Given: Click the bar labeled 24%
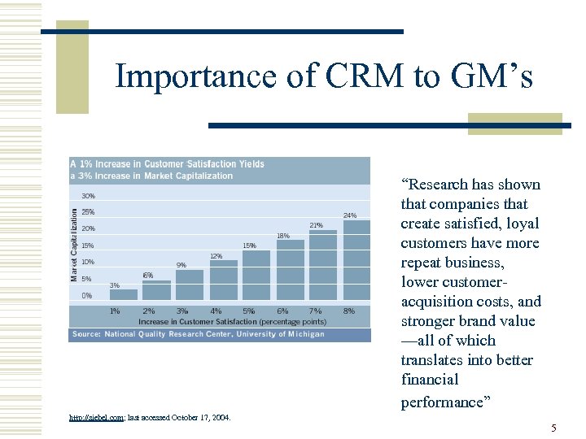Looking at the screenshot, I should pos(356,260).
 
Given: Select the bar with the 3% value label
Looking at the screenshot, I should pos(123,295).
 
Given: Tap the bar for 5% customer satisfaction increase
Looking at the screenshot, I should pos(256,276).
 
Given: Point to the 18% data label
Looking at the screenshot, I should pos(282,236).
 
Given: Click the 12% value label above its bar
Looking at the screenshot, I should pos(216,256).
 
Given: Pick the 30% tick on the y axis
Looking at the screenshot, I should pos(88,196).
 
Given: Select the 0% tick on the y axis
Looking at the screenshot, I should pos(86,296).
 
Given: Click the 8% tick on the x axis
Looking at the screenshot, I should pos(349,311).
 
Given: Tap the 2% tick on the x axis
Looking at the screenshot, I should pos(148,311).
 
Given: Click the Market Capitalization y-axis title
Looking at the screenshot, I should pos(74,245).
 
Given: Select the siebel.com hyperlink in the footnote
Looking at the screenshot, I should pos(96,417).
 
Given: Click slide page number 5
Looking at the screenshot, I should pos(553,428).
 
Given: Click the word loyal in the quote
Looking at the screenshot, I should pos(518,224).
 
